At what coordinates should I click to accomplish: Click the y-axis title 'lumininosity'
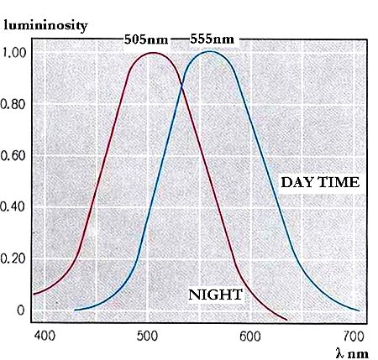pyautogui.click(x=45, y=25)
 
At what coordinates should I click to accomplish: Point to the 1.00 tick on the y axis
pyautogui.click(x=14, y=52)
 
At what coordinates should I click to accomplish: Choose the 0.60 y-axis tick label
pyautogui.click(x=14, y=155)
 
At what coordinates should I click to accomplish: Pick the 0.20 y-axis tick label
pyautogui.click(x=14, y=258)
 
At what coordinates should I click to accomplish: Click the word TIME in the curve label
pyautogui.click(x=339, y=182)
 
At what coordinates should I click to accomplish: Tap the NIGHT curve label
pyautogui.click(x=215, y=295)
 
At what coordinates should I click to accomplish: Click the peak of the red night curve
pyautogui.click(x=153, y=53)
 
